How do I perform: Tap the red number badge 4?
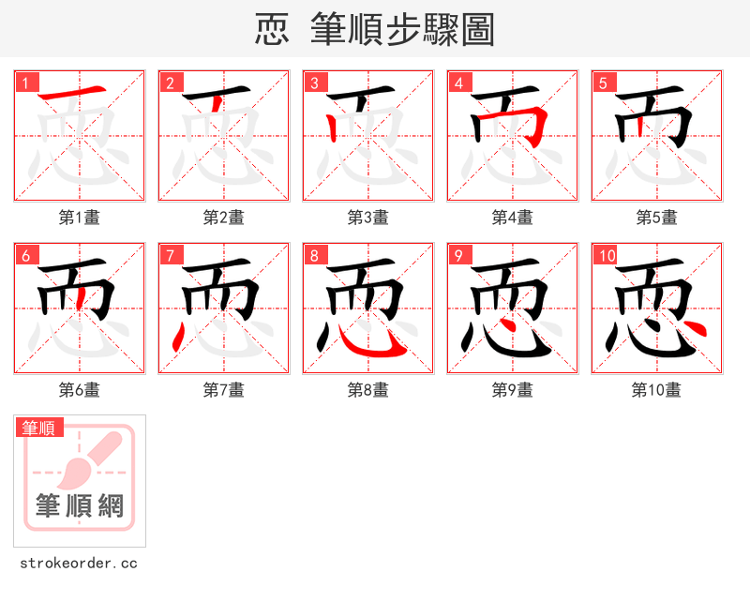click(x=459, y=83)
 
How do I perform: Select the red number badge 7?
click(x=171, y=256)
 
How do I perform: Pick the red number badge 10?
click(x=607, y=256)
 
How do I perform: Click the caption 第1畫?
click(x=80, y=218)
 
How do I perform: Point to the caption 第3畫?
click(x=368, y=218)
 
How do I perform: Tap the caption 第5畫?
click(x=657, y=218)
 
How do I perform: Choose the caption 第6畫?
click(x=80, y=390)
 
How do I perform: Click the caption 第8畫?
click(x=368, y=390)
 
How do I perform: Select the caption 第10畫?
click(x=657, y=390)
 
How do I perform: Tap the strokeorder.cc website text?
click(x=79, y=564)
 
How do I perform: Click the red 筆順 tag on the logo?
click(x=40, y=429)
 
